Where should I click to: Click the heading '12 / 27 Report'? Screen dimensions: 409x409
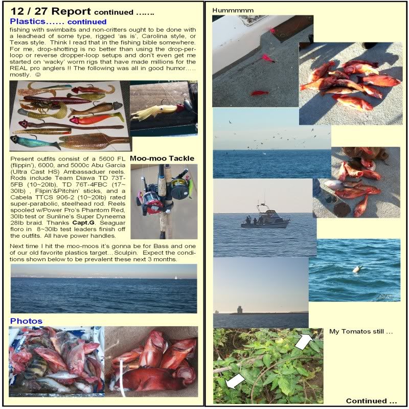[51, 11]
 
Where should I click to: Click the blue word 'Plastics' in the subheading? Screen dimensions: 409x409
[28, 21]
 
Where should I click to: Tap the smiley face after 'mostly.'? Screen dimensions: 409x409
[38, 75]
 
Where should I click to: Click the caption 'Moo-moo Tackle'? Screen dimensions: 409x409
[162, 158]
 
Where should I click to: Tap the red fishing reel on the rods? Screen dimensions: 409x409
[150, 205]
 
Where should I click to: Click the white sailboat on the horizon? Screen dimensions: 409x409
[176, 277]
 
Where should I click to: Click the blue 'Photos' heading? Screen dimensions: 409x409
[26, 321]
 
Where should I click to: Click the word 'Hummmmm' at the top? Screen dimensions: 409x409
[233, 10]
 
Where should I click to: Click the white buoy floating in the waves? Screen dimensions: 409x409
[356, 269]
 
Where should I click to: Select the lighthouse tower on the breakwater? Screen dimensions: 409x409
[240, 310]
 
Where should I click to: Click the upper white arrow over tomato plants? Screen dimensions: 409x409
[304, 341]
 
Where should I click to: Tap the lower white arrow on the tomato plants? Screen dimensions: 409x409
[235, 381]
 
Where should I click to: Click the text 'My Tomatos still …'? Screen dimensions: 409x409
[361, 331]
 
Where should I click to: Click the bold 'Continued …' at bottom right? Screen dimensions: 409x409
[371, 401]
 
